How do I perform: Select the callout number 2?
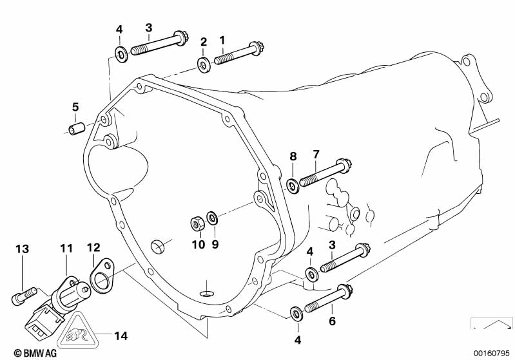(x=203, y=43)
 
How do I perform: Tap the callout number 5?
(x=75, y=107)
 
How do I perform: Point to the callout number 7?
(x=316, y=155)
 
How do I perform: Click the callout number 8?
(x=293, y=156)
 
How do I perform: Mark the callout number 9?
(x=215, y=245)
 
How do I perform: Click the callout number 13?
(x=23, y=249)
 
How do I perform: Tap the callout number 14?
(x=121, y=336)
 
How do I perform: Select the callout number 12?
(x=93, y=247)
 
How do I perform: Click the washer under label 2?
(x=204, y=64)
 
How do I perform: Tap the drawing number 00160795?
(x=492, y=353)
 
